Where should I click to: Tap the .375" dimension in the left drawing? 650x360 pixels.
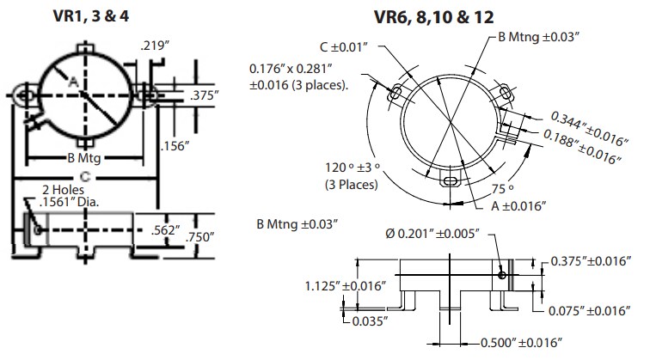[206, 96]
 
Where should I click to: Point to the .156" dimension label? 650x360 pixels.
[177, 147]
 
